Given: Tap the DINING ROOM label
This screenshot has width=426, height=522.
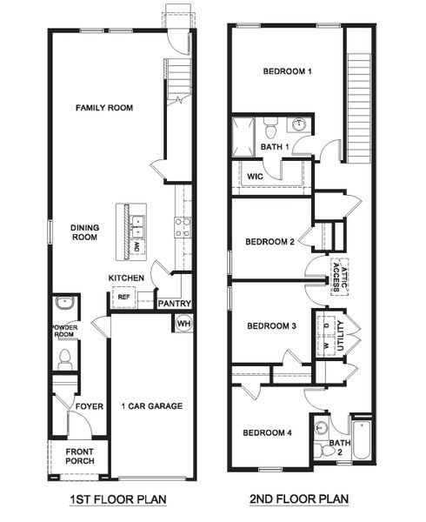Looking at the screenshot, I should [x=85, y=232].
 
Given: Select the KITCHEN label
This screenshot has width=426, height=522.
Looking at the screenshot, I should [x=126, y=278].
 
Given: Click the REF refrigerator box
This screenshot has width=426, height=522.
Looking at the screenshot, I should [x=123, y=298].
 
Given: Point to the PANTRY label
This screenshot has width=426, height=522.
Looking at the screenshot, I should [x=174, y=304].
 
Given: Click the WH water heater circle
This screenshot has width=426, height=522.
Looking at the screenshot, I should [x=183, y=324].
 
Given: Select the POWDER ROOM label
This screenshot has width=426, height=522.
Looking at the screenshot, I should [x=64, y=331].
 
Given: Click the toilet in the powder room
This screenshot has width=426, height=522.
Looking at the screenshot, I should [x=64, y=358].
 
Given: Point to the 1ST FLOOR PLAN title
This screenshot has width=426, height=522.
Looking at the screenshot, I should [x=119, y=499].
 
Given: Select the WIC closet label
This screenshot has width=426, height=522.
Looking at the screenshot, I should [x=255, y=176].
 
